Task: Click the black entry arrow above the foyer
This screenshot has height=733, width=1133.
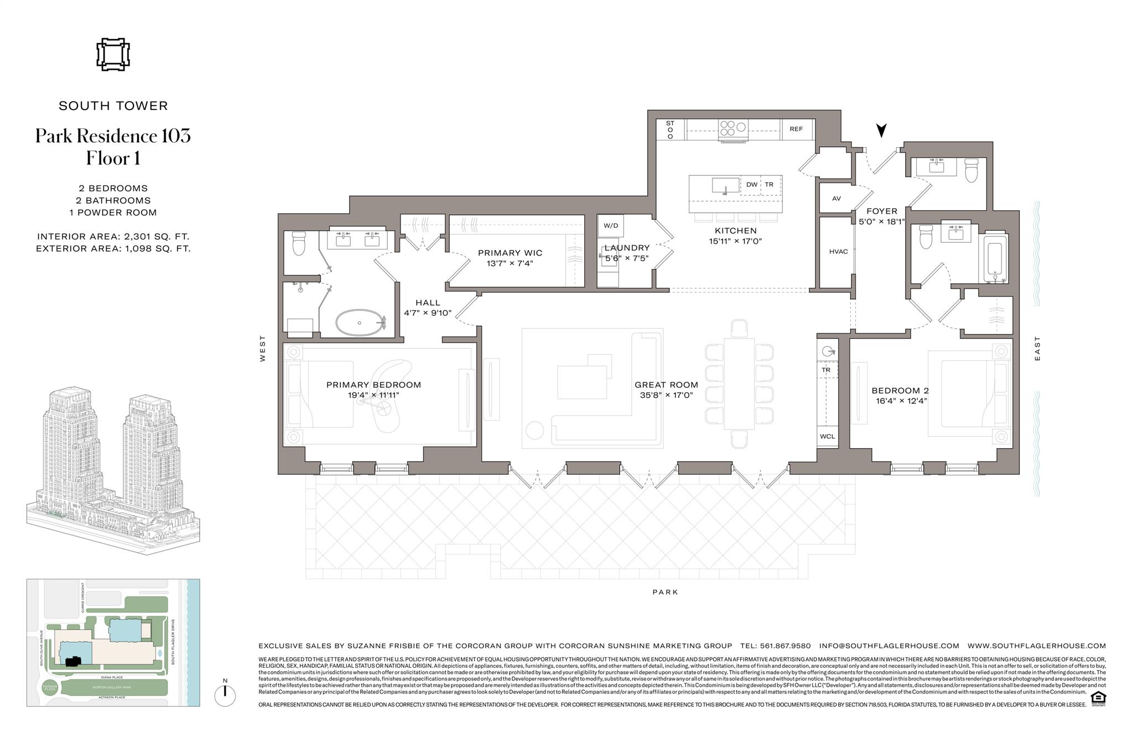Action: point(881,131)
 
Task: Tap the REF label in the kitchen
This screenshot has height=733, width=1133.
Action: point(796,129)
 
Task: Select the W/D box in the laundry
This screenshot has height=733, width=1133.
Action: point(611,226)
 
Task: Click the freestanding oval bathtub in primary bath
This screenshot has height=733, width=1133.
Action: point(360,322)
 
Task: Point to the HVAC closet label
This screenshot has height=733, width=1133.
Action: point(838,252)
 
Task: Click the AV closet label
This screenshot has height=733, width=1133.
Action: point(836,198)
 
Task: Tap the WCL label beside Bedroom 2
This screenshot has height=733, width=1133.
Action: point(828,436)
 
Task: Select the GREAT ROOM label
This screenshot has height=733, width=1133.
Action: point(666,385)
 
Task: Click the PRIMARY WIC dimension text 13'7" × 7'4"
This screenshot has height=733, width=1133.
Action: point(510,263)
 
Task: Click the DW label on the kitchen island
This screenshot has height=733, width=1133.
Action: point(751,185)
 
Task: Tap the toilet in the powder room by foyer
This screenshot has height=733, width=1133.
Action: point(972,170)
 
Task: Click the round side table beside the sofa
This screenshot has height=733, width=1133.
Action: point(535,430)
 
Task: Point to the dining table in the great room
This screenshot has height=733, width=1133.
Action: point(739,382)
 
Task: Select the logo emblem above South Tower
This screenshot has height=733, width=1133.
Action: point(113,55)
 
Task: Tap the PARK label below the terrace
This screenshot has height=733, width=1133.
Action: point(665,592)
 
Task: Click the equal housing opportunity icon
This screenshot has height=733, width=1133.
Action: point(1096,698)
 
